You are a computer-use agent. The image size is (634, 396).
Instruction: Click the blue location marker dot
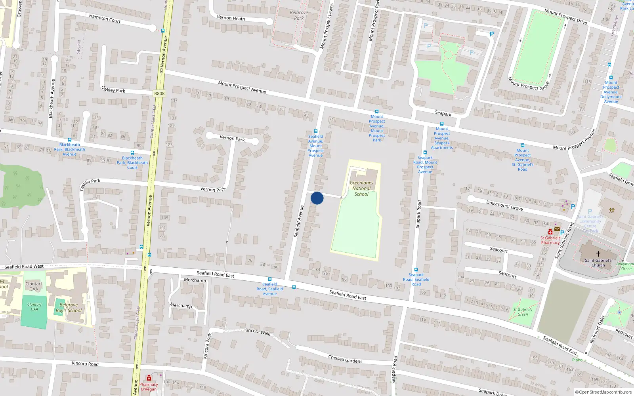click(x=317, y=198)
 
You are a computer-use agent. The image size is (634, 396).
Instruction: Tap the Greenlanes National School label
click(x=361, y=188)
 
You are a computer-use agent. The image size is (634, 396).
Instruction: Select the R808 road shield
click(x=159, y=93)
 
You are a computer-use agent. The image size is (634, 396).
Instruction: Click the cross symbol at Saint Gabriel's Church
click(x=598, y=253)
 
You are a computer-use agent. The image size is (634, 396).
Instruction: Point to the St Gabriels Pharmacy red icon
click(x=550, y=232)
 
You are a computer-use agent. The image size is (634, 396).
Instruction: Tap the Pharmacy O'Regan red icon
click(x=149, y=378)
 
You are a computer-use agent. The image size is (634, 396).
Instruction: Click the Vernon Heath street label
click(x=231, y=18)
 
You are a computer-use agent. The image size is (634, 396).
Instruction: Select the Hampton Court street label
click(x=105, y=18)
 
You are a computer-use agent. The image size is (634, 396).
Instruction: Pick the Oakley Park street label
click(x=113, y=89)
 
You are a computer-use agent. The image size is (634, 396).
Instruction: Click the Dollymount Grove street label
click(x=504, y=205)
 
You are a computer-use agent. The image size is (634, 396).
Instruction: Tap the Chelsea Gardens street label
click(x=345, y=359)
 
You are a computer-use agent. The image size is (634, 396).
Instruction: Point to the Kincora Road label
click(x=85, y=364)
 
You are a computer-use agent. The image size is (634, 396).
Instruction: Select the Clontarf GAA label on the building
click(x=34, y=286)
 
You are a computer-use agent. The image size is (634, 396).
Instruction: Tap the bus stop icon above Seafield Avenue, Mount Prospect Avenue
click(x=316, y=131)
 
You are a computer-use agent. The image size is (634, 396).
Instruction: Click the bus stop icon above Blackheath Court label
click(x=132, y=153)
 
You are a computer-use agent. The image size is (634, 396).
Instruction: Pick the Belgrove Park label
click(x=299, y=15)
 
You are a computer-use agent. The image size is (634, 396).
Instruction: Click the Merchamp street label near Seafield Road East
click(x=195, y=280)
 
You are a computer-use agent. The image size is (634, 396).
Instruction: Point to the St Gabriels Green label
click(x=523, y=312)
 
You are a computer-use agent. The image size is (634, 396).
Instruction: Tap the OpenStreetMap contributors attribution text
click(x=603, y=392)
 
